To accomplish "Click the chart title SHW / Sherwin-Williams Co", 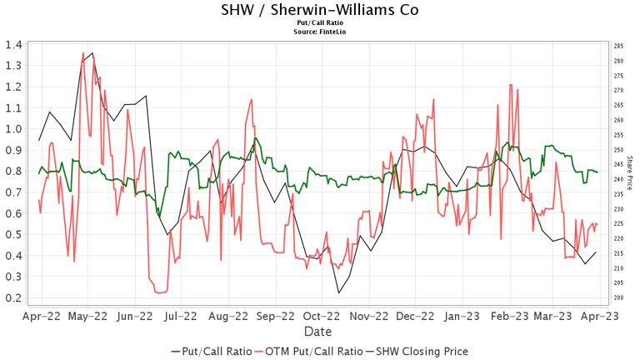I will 320,11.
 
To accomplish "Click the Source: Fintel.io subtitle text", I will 320,32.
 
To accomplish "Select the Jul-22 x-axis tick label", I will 181,316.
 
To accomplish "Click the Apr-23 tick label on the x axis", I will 600,316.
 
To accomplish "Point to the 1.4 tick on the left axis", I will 12,44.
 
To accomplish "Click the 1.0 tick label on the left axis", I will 12,129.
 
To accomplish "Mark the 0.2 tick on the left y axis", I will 12,298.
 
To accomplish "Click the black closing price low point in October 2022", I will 338,292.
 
